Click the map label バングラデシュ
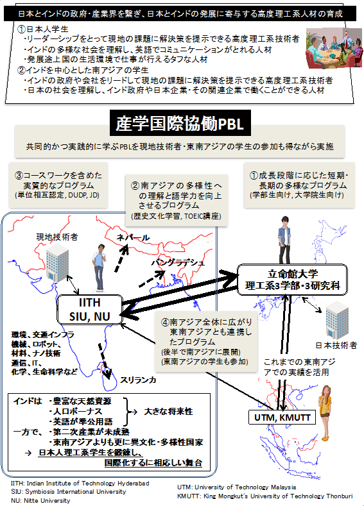[x=178, y=263]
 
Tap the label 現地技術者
[x=56, y=237]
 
